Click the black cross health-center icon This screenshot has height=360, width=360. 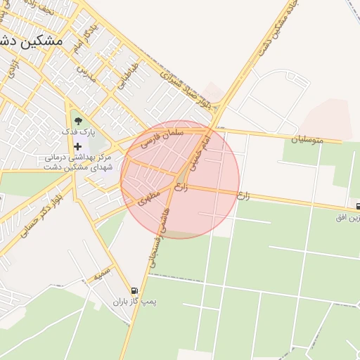(77, 146)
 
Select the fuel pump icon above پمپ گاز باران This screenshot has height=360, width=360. (134, 290)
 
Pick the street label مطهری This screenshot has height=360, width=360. (150, 198)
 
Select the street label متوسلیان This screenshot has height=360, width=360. (309, 140)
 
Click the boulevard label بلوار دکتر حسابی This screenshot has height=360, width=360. (32, 218)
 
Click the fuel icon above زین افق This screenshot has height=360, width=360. (358, 207)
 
